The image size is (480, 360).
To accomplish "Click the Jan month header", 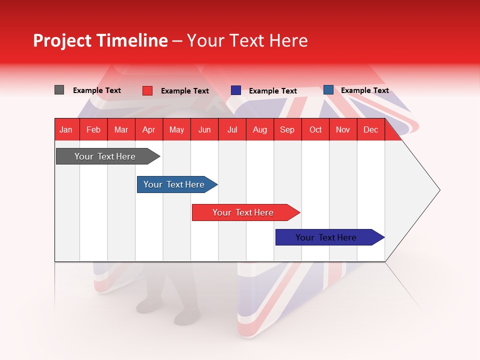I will click(66, 130).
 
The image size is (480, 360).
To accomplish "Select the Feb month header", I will click(93, 130).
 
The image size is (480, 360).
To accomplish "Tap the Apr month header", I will click(148, 130).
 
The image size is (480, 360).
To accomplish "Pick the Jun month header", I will click(204, 130).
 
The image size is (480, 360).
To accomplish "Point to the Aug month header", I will click(260, 130).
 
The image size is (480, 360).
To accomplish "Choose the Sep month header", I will click(287, 130).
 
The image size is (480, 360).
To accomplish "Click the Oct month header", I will click(315, 130).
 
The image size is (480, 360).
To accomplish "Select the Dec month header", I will click(370, 130).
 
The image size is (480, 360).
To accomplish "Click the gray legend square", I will click(59, 90).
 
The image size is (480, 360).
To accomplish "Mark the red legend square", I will click(147, 90).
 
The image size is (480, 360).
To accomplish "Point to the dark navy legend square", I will click(236, 90).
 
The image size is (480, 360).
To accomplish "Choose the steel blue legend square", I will click(328, 90).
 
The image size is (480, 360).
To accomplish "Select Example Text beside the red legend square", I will click(184, 91).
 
